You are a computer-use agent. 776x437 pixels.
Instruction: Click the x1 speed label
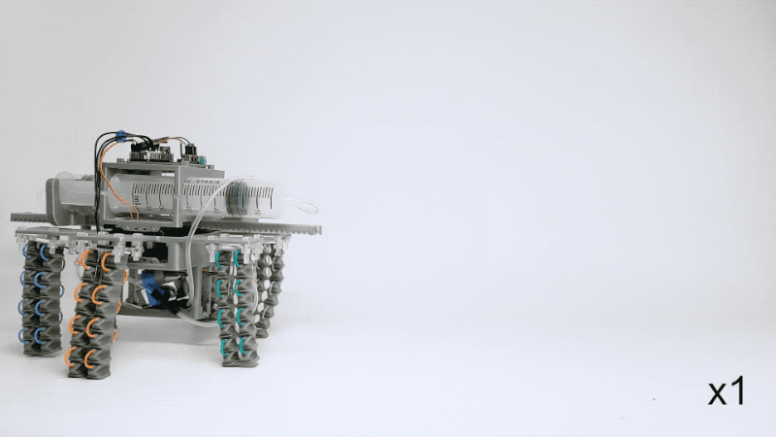click(x=726, y=391)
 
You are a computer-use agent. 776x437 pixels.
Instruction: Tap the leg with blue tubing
click(x=42, y=298)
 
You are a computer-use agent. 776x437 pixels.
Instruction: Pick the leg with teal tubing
click(x=238, y=307)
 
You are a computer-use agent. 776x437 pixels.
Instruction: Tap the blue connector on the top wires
click(x=119, y=134)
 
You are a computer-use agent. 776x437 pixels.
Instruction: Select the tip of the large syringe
click(x=292, y=202)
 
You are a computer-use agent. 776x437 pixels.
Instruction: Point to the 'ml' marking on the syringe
click(x=136, y=199)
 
